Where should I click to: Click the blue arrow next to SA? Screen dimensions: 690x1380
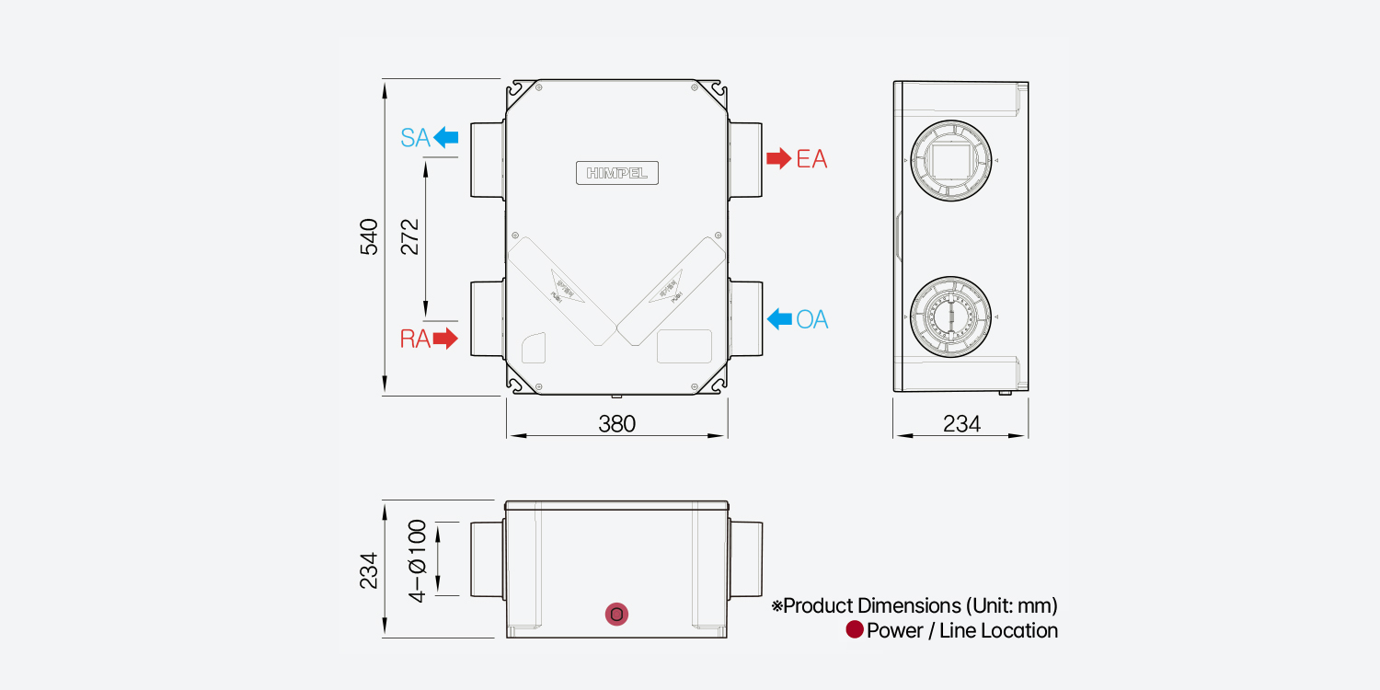point(446,138)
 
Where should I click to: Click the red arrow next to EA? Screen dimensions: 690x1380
point(778,158)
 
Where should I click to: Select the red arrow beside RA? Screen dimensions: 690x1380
point(445,339)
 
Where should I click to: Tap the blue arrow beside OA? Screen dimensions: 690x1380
point(779,319)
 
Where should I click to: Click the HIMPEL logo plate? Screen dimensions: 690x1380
point(617,172)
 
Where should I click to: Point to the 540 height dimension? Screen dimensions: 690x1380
point(369,236)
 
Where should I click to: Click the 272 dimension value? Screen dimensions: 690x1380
point(410,236)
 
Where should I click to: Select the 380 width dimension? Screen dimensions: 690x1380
point(616,423)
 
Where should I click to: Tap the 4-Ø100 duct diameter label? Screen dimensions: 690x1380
point(418,560)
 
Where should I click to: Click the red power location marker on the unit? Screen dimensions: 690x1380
point(617,614)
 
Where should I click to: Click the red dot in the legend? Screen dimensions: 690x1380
point(855,630)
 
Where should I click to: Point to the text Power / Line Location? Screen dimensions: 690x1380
point(962,630)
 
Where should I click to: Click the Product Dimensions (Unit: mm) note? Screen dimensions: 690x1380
point(914,606)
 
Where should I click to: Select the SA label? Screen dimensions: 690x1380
point(415,138)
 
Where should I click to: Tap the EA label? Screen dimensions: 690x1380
point(811,159)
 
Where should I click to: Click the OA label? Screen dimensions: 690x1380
point(812,319)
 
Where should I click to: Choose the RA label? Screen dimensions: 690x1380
point(415,339)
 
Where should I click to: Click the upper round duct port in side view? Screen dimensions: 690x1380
point(950,160)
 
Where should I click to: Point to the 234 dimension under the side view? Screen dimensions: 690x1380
point(961,423)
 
